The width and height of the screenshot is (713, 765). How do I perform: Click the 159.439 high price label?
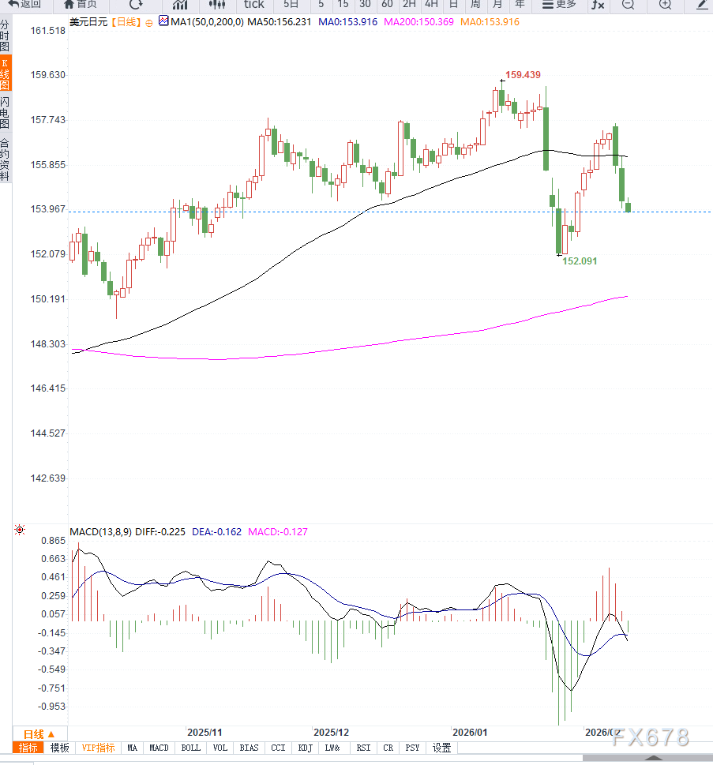pyautogui.click(x=523, y=75)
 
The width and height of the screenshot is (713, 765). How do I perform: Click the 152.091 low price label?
pyautogui.click(x=580, y=260)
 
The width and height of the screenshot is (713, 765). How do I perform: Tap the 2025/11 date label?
pyautogui.click(x=205, y=732)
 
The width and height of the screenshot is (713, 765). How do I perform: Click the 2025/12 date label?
pyautogui.click(x=331, y=732)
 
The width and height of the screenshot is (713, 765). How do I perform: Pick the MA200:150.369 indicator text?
pyautogui.click(x=418, y=22)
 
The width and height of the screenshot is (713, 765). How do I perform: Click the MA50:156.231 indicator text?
pyautogui.click(x=280, y=22)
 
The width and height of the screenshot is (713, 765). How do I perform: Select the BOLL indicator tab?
pyautogui.click(x=190, y=748)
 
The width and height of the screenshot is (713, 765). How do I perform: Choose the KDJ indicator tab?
pyautogui.click(x=306, y=748)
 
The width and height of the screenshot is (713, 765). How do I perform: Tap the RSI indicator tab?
pyautogui.click(x=363, y=748)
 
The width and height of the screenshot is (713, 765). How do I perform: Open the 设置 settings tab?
pyautogui.click(x=441, y=748)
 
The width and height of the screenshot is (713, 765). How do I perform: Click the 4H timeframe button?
pyautogui.click(x=431, y=5)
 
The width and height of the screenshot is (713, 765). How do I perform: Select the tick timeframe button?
pyautogui.click(x=253, y=5)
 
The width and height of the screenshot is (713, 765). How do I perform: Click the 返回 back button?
pyautogui.click(x=24, y=5)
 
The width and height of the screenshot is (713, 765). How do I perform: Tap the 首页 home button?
pyautogui.click(x=81, y=5)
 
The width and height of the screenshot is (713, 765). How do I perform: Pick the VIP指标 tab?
pyautogui.click(x=98, y=748)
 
